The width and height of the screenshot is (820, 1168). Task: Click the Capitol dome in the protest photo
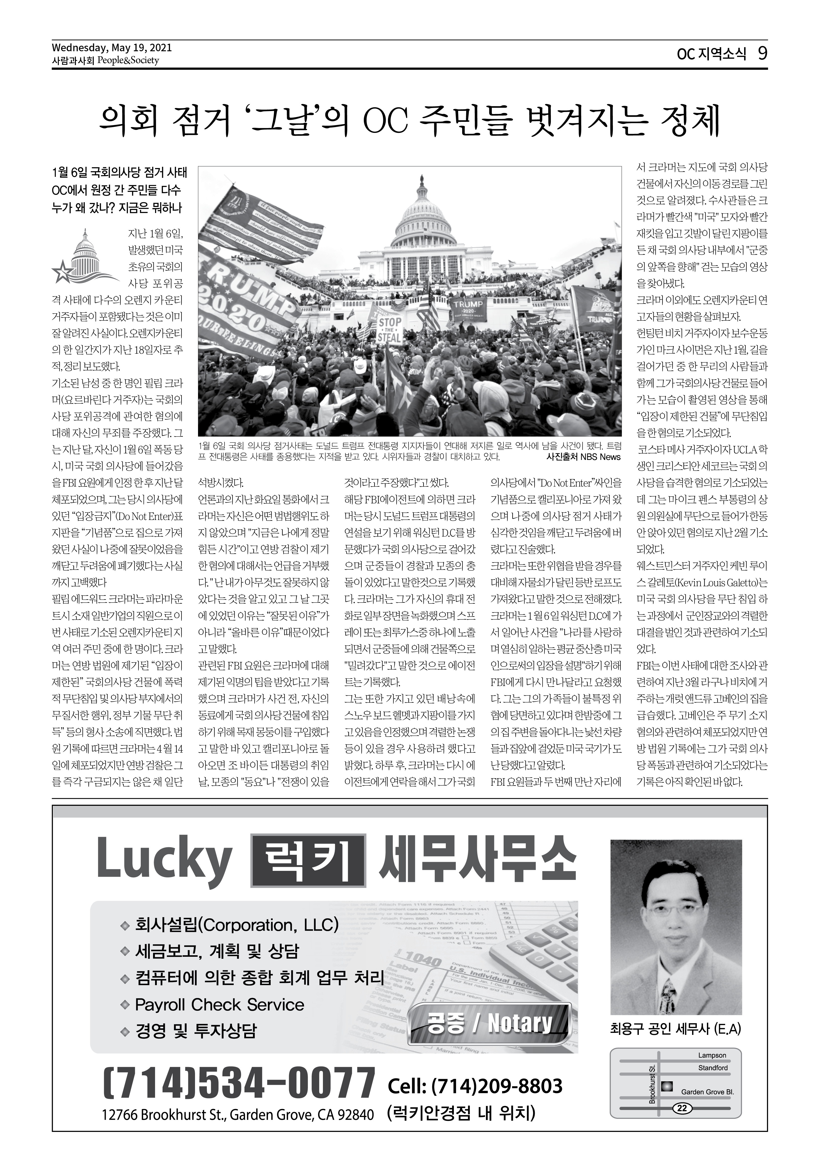pyautogui.click(x=421, y=214)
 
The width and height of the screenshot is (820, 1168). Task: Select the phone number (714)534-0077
pyautogui.click(x=239, y=1084)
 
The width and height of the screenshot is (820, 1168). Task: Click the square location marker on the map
pyautogui.click(x=667, y=1086)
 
